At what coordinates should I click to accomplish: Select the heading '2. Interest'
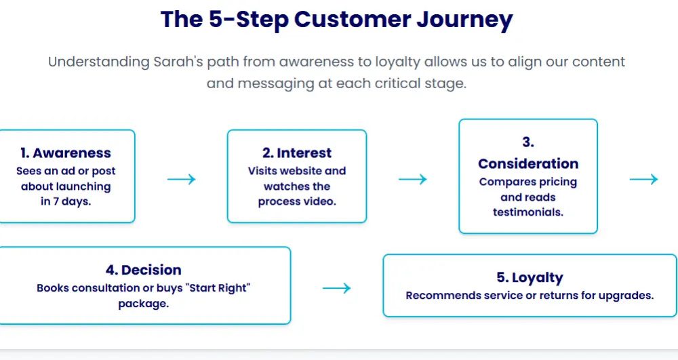[x=297, y=153]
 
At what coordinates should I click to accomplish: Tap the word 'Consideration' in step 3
[x=528, y=163]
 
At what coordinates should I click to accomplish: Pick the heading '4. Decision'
[x=144, y=271]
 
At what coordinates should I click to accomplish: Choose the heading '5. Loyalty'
[x=530, y=277]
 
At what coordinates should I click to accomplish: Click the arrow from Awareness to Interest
[x=181, y=179]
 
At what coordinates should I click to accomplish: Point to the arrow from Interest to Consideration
[x=412, y=179]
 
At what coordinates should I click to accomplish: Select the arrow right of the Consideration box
[x=643, y=179]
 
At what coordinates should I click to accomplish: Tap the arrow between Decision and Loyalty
[x=336, y=288]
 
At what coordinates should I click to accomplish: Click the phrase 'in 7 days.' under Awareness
[x=66, y=201]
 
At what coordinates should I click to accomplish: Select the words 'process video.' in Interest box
[x=297, y=201]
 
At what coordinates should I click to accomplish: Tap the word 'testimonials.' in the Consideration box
[x=528, y=212]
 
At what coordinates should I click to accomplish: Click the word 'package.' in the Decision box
[x=144, y=304]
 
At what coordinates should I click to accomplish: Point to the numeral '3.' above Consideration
[x=528, y=142]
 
